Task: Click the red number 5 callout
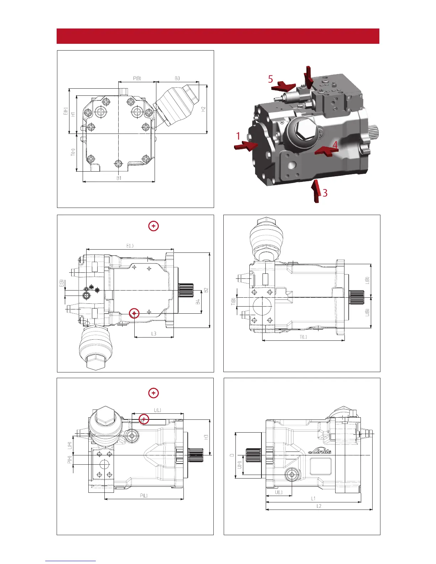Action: pos(271,79)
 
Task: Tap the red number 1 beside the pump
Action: pos(238,136)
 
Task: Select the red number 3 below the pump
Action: pos(325,193)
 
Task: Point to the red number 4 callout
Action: pos(335,145)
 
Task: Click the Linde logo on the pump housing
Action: pos(320,451)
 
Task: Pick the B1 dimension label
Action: pos(119,178)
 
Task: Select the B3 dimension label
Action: pos(177,78)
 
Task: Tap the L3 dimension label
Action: pos(154,334)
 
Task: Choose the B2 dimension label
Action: pos(206,290)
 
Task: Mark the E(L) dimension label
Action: pos(130,246)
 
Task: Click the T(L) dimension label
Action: pos(303,337)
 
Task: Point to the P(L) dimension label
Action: pos(144,495)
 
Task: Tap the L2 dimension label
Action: pos(319,506)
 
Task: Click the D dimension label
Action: pos(231,455)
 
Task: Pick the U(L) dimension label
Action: pos(279,492)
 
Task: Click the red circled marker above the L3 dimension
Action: pos(134,313)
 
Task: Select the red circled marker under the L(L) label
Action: pos(144,419)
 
